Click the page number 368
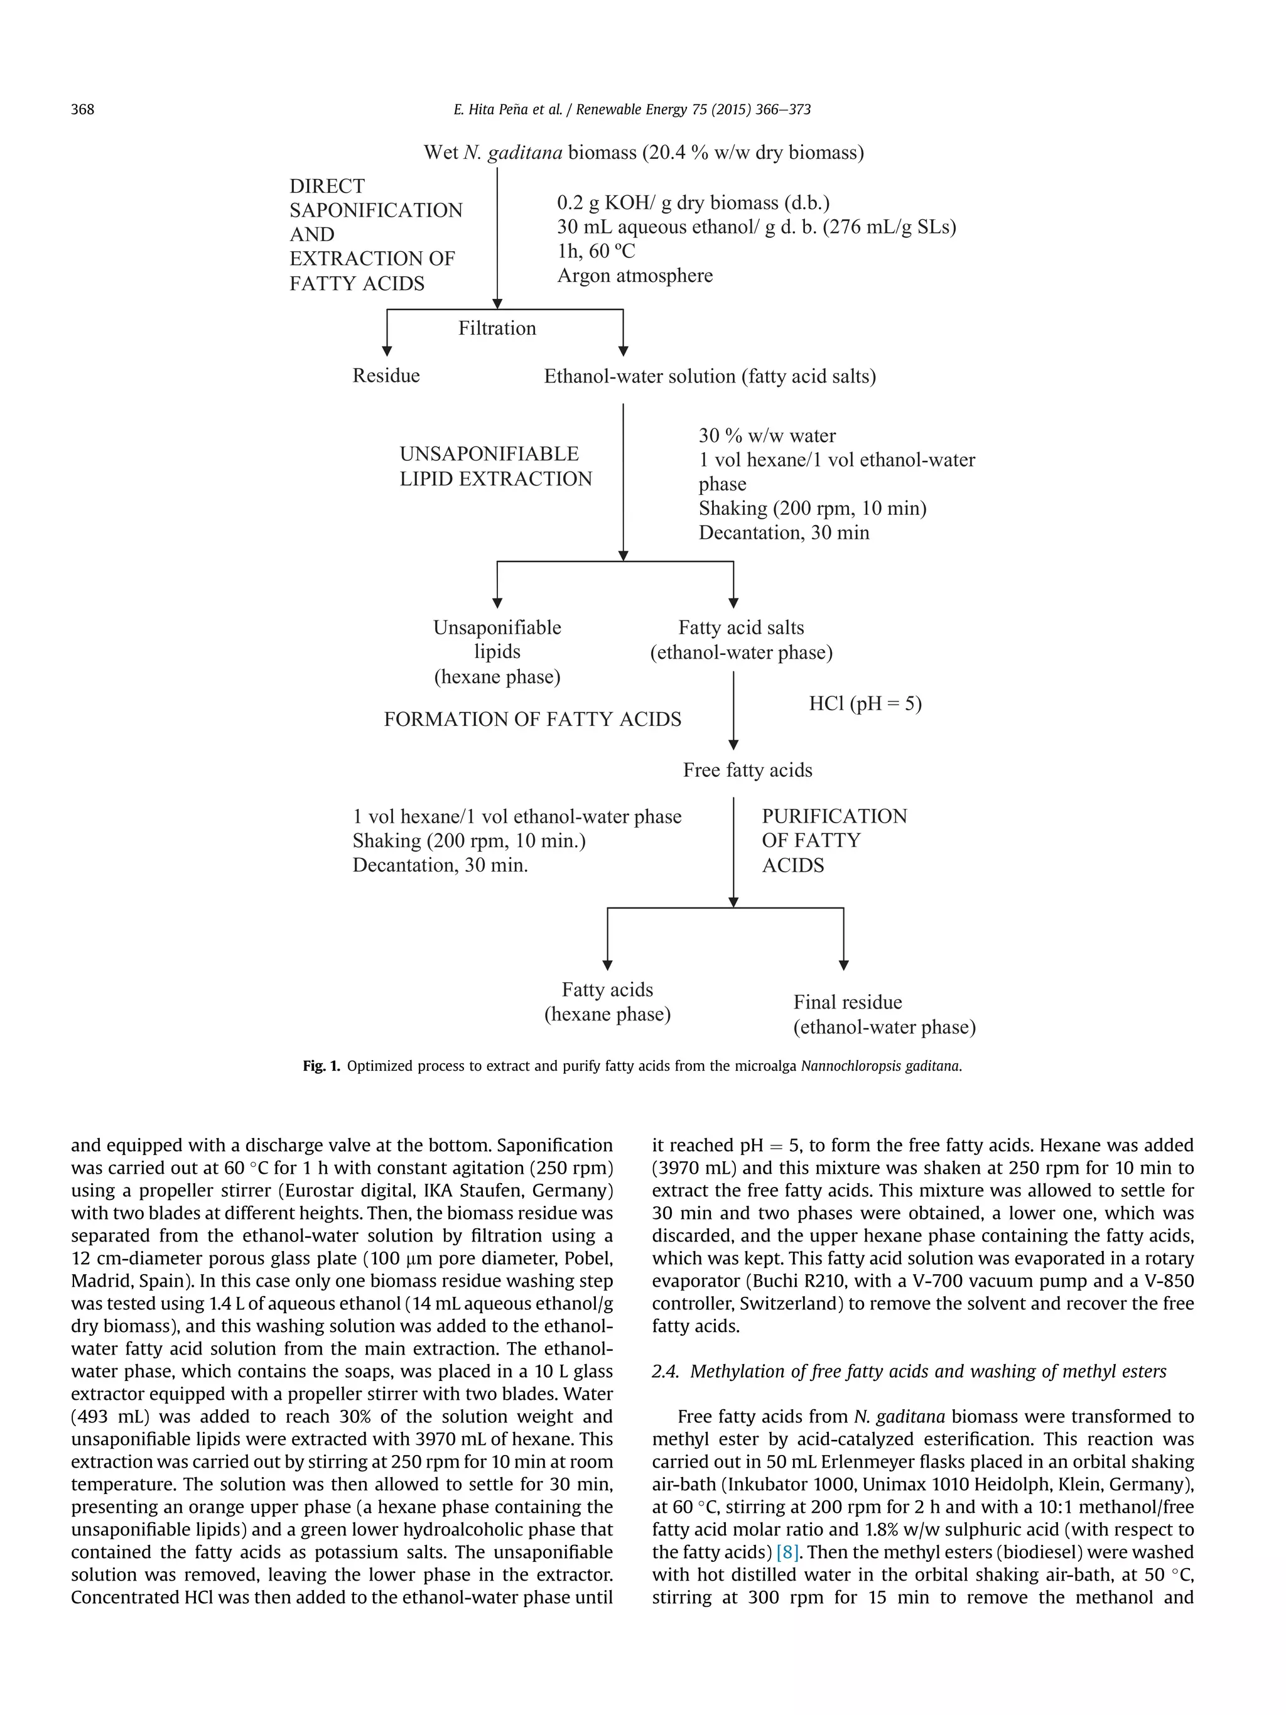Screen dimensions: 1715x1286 (x=82, y=109)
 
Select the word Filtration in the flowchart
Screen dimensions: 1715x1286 (x=497, y=328)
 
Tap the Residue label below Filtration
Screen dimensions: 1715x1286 (x=386, y=376)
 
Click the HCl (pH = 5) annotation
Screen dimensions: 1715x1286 (x=865, y=703)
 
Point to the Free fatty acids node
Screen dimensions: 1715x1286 (x=747, y=770)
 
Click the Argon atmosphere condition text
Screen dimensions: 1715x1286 (x=635, y=275)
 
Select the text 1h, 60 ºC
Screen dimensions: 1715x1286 (x=595, y=251)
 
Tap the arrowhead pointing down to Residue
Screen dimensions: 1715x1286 (x=387, y=350)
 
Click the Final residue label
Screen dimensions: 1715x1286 (x=847, y=1002)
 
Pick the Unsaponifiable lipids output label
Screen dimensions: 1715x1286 (x=497, y=651)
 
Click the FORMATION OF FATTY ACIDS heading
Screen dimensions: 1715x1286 (x=532, y=719)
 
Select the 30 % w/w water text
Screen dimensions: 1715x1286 (x=767, y=436)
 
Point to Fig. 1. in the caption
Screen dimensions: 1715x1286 (x=321, y=1066)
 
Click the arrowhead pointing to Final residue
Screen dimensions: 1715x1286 (x=843, y=965)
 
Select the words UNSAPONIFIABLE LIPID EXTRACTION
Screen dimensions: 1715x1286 (x=495, y=466)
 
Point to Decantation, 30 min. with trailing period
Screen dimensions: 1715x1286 (x=440, y=865)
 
